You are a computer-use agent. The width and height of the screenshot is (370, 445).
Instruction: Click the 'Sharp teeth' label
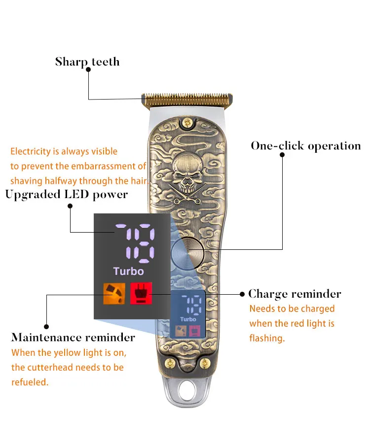click(x=87, y=62)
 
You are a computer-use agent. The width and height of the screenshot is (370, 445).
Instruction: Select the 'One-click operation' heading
click(x=305, y=146)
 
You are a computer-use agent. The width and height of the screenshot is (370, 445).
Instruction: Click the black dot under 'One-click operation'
click(x=282, y=154)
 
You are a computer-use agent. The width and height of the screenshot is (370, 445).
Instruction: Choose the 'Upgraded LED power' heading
click(x=67, y=194)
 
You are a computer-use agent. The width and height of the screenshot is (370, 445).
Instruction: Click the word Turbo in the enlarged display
click(x=128, y=271)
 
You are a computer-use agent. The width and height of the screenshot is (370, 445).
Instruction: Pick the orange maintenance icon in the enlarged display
click(x=113, y=294)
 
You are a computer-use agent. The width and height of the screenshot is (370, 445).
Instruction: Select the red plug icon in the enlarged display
click(x=141, y=294)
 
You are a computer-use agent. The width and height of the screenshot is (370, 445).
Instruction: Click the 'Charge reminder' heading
click(x=295, y=294)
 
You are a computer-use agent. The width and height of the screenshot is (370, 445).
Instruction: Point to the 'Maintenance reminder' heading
click(x=73, y=338)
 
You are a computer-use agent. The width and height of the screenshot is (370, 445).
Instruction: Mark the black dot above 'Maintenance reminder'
click(x=46, y=326)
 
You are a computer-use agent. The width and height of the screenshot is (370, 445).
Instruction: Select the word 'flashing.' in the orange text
click(x=267, y=339)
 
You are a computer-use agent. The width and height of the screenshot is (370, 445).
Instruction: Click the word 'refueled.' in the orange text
click(x=30, y=382)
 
